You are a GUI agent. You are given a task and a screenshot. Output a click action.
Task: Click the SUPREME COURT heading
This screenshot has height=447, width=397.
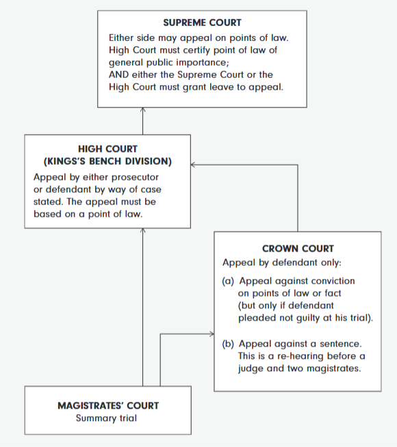coord(202,23)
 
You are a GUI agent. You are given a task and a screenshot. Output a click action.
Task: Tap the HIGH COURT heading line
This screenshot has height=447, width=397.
coord(107,149)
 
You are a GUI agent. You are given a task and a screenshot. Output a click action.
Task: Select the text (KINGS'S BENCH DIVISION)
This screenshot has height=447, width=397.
coord(107,161)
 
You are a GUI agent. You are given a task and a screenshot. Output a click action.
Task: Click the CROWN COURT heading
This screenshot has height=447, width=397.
coord(298,249)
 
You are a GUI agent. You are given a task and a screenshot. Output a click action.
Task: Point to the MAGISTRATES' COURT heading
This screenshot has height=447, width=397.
coord(108,406)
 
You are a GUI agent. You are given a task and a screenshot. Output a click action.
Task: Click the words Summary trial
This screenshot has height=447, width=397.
coord(106,418)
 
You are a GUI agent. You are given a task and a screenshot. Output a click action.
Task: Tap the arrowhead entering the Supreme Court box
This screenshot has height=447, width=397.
coord(142,109)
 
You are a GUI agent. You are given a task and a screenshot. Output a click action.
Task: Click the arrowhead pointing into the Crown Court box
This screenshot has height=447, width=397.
coord(212,334)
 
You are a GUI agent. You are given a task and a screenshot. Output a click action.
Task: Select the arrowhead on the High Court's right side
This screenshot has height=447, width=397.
coord(193,165)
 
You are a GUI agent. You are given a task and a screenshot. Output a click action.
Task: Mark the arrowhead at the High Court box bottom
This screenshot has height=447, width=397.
coord(142,230)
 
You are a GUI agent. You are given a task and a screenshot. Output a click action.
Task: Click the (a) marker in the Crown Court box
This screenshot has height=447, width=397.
coord(228,282)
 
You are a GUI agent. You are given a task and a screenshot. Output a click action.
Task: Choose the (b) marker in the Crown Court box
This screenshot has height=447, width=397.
coord(228,344)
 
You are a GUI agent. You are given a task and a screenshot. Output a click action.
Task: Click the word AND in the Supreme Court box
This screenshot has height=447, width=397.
coord(118,74)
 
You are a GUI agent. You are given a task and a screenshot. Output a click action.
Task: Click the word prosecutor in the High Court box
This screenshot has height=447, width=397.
coord(135,178)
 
